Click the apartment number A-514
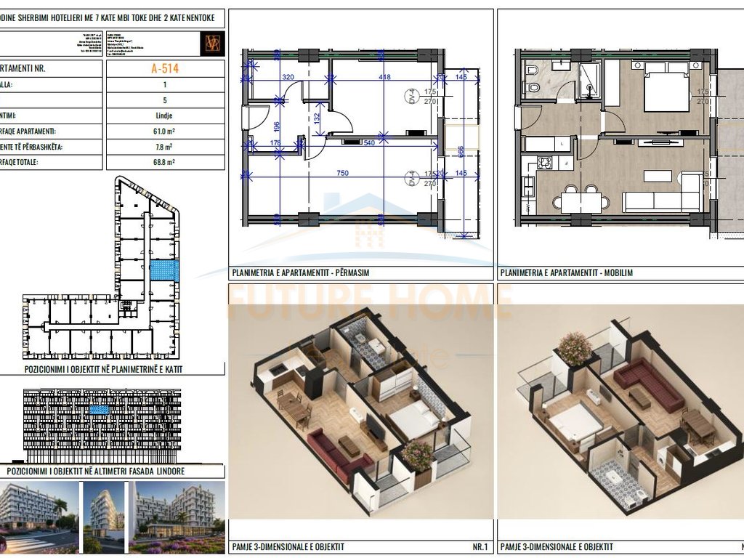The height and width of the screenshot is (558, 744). point(164,69)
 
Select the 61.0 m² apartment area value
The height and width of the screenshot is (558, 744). point(164,132)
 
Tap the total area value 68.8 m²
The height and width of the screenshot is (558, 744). point(164,162)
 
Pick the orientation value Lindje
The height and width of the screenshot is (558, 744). point(164,116)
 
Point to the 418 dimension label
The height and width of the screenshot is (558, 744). point(384,76)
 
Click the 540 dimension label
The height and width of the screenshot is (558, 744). point(368,143)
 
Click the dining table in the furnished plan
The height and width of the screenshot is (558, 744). point(581,199)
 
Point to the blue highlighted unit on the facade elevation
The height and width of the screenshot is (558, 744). point(97,411)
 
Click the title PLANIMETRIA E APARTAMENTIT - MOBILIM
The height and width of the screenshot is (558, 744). point(565,273)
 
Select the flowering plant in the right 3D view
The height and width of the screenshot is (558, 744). point(575,349)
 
